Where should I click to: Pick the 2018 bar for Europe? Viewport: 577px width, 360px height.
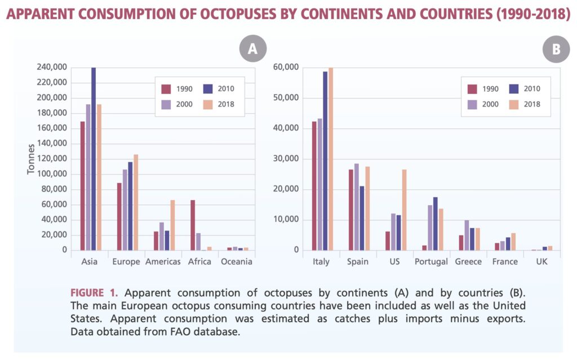(x=135, y=202)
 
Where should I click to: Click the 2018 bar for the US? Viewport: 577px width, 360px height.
(x=404, y=210)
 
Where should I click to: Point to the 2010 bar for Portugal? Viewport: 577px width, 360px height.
(x=435, y=224)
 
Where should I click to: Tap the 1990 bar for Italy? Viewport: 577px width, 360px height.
(x=314, y=186)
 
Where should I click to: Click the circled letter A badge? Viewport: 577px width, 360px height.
(x=252, y=49)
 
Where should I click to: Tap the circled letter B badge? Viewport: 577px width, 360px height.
(x=556, y=49)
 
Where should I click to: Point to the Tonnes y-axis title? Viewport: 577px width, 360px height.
(x=32, y=158)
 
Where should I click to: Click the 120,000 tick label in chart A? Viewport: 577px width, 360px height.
(x=52, y=159)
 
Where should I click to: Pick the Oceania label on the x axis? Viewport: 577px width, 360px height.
(x=237, y=262)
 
